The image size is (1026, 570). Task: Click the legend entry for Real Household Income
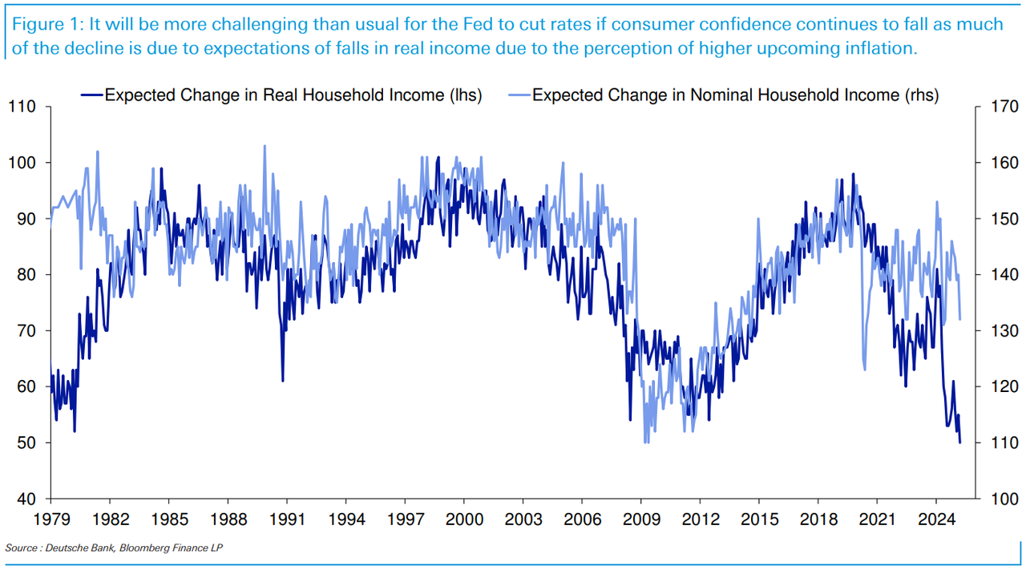pos(293,95)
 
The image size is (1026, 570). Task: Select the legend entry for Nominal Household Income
pos(735,95)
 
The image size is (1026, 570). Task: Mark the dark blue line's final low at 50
pos(960,442)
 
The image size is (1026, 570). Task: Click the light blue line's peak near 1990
pos(265,146)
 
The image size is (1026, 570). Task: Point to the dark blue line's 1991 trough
pos(283,380)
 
